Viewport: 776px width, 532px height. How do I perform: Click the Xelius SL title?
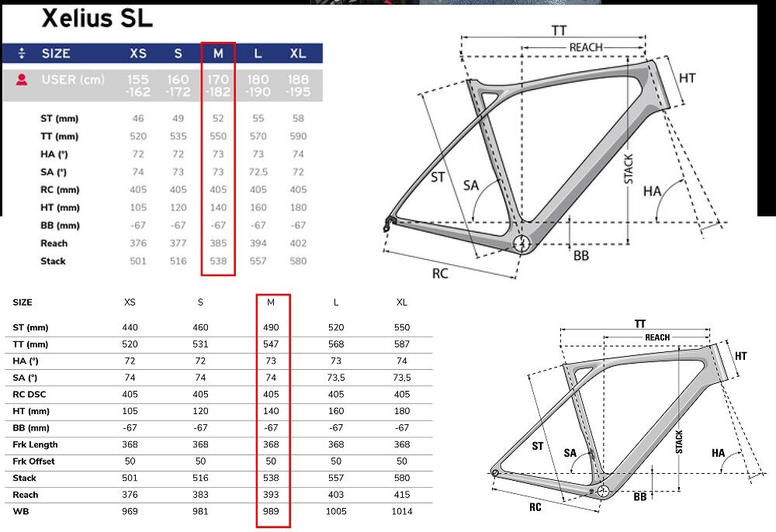(x=97, y=19)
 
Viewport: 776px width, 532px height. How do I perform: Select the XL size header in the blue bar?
(x=298, y=54)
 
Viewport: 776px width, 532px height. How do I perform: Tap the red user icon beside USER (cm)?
(x=21, y=80)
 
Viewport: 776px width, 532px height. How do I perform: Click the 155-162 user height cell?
(x=137, y=85)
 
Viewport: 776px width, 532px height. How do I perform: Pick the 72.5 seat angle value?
(x=258, y=171)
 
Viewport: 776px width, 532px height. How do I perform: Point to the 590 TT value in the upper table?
(x=298, y=136)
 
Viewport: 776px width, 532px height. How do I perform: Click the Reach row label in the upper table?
(x=54, y=244)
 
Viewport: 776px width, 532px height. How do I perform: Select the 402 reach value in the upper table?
(x=298, y=244)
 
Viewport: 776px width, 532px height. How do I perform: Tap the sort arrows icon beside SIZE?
(x=21, y=54)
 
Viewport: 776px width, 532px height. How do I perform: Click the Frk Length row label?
(x=35, y=444)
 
